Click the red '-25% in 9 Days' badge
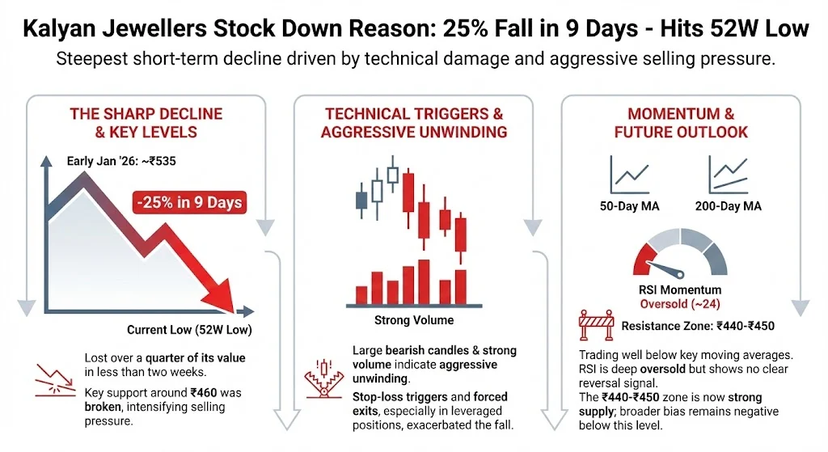pyautogui.click(x=188, y=202)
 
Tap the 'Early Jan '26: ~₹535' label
pyautogui.click(x=121, y=161)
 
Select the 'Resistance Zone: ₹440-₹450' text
pyautogui.click(x=696, y=327)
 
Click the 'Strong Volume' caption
pyautogui.click(x=413, y=320)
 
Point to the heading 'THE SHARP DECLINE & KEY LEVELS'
pyautogui.click(x=133, y=122)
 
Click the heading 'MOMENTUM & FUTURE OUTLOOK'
pyautogui.click(x=681, y=122)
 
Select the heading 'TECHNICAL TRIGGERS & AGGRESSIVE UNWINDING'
pyautogui.click(x=414, y=122)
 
